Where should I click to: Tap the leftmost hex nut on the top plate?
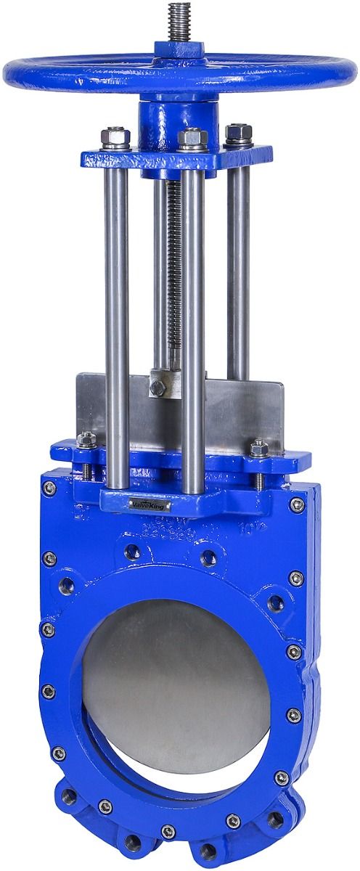pyautogui.click(x=116, y=136)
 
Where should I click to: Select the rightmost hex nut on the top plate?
pyautogui.click(x=239, y=134)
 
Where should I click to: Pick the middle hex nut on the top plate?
pyautogui.click(x=192, y=137)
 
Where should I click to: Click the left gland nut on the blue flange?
pyautogui.click(x=86, y=440)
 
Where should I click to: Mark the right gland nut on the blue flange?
pyautogui.click(x=259, y=448)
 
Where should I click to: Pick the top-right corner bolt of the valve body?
pyautogui.click(x=297, y=504)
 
